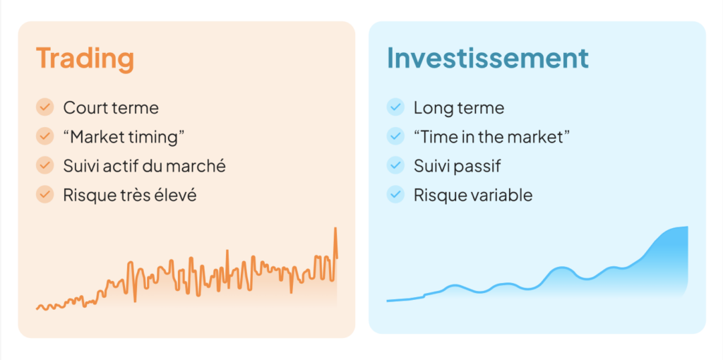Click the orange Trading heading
tap(85, 59)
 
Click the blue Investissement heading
tap(488, 58)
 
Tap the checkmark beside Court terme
tap(44, 107)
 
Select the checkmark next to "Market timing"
tap(44, 136)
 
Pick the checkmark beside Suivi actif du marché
tap(44, 165)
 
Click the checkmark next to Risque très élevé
tap(44, 195)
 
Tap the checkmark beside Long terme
tap(395, 107)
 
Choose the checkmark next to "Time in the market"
tap(395, 136)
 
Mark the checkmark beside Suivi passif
tap(395, 165)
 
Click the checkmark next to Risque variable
tap(395, 195)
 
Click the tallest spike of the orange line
tap(335, 228)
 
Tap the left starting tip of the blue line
tap(388, 301)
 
